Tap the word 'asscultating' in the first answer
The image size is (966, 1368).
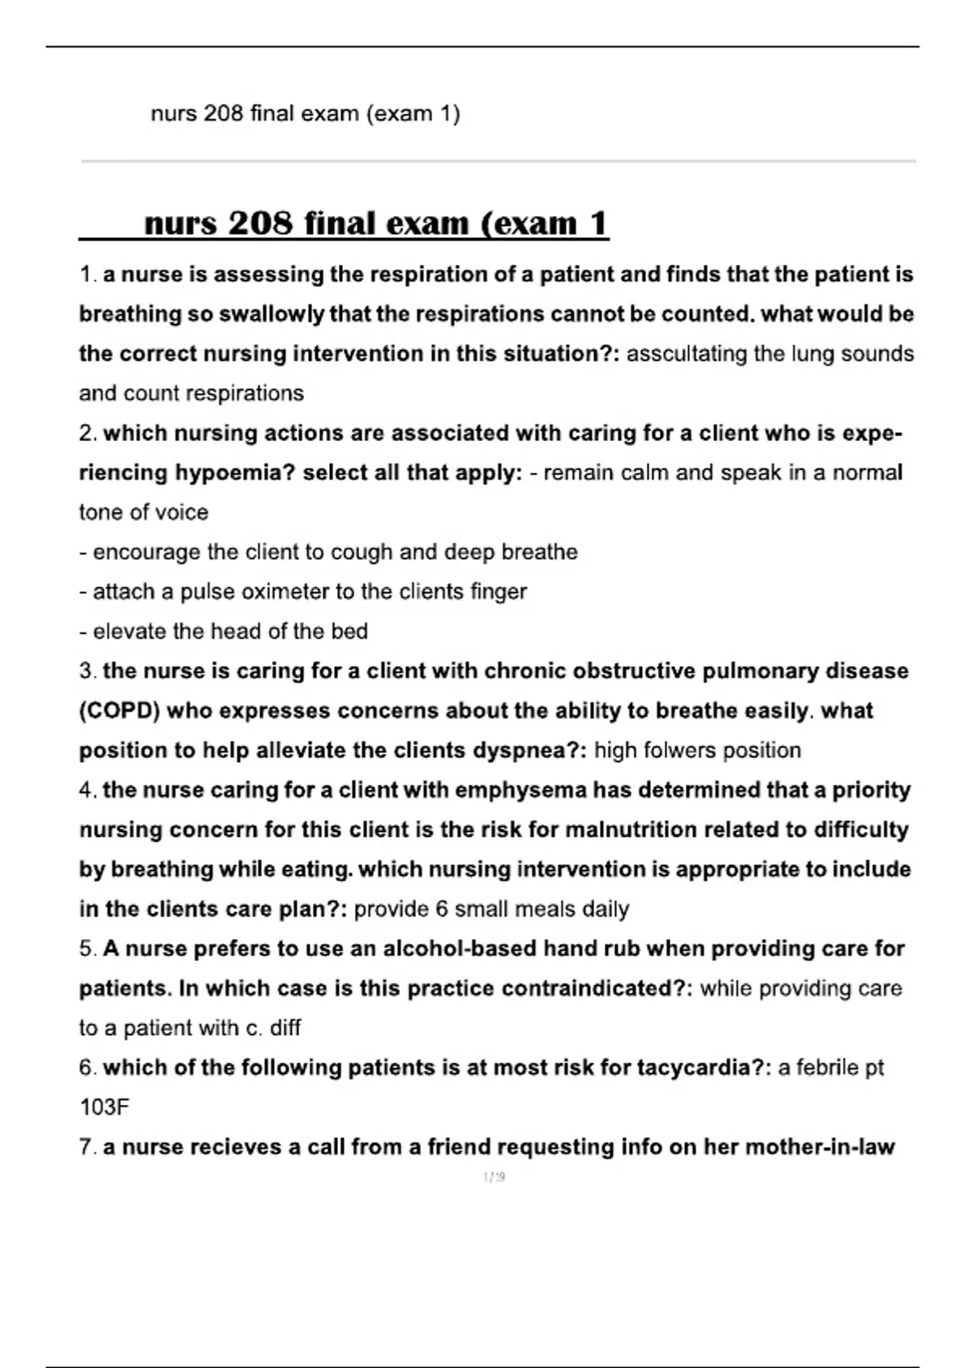(687, 353)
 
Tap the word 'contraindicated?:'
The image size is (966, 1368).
(597, 988)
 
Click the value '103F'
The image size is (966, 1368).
(105, 1107)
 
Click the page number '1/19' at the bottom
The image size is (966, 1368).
(493, 1177)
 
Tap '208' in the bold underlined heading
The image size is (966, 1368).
(261, 223)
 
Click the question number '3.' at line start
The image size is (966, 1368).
(89, 671)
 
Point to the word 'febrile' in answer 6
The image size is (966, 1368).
(827, 1068)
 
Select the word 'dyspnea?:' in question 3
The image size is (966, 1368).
(530, 750)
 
